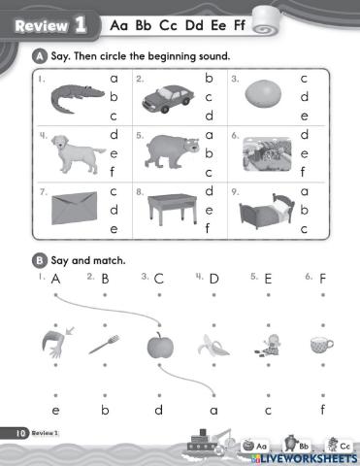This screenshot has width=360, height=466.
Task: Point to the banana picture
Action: pos(213,345)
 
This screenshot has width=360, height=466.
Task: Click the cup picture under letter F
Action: pos(320,344)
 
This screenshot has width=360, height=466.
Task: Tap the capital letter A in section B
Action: pos(55,280)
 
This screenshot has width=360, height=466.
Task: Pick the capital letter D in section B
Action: pos(213,280)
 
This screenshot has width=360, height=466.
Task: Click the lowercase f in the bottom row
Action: pos(320,409)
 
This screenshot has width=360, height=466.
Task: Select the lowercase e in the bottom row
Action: pos(55,409)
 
